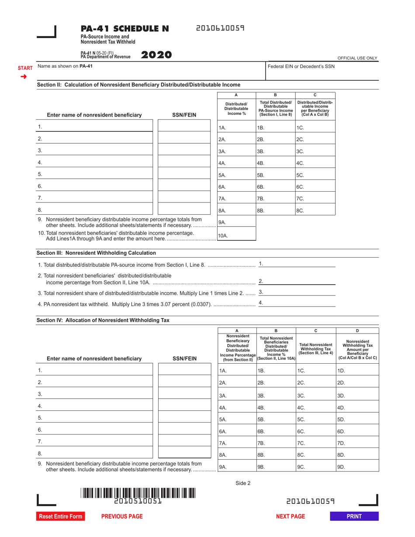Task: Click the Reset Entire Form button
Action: tap(60, 516)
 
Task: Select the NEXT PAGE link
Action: tap(290, 516)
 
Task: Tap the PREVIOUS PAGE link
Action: tap(122, 516)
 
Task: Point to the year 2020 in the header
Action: tap(157, 55)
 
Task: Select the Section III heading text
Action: tap(96, 253)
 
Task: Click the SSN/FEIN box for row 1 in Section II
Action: tap(184, 127)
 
